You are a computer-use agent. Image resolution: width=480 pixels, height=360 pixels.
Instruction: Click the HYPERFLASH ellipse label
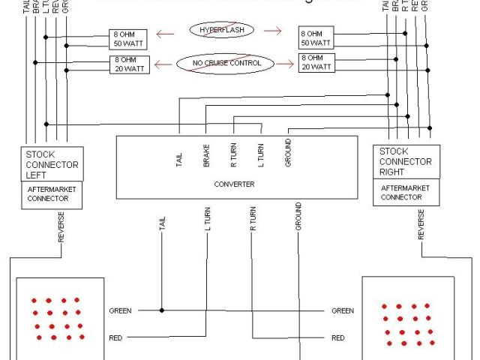pos(222,30)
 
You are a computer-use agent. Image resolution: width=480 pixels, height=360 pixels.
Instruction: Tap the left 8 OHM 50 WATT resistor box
pos(127,39)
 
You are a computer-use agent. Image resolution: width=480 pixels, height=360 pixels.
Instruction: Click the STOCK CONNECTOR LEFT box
pos(52,163)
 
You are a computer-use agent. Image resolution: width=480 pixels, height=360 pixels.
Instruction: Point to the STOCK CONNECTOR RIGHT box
pos(405,162)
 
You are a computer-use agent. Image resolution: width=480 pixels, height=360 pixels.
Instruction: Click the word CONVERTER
pos(235,184)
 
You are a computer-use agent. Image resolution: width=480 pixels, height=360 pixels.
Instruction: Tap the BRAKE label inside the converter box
pos(206,154)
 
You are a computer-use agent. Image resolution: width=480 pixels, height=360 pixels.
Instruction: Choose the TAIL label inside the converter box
pos(180,159)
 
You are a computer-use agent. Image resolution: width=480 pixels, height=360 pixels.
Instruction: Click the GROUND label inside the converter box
pos(288,151)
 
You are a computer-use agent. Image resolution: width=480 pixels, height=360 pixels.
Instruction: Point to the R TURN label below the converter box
pos(253,217)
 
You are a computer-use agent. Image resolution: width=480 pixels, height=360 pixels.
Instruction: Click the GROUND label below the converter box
pos(298,215)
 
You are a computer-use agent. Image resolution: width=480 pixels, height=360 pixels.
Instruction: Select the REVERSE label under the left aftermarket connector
pos(61,226)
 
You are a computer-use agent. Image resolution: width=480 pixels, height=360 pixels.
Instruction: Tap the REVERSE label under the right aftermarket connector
pos(421,224)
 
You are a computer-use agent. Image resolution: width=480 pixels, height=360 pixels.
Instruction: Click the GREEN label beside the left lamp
pos(121,310)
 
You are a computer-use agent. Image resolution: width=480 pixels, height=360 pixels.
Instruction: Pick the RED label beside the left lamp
pos(115,337)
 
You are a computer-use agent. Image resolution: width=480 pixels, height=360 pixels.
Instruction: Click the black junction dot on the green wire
pos(161,310)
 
